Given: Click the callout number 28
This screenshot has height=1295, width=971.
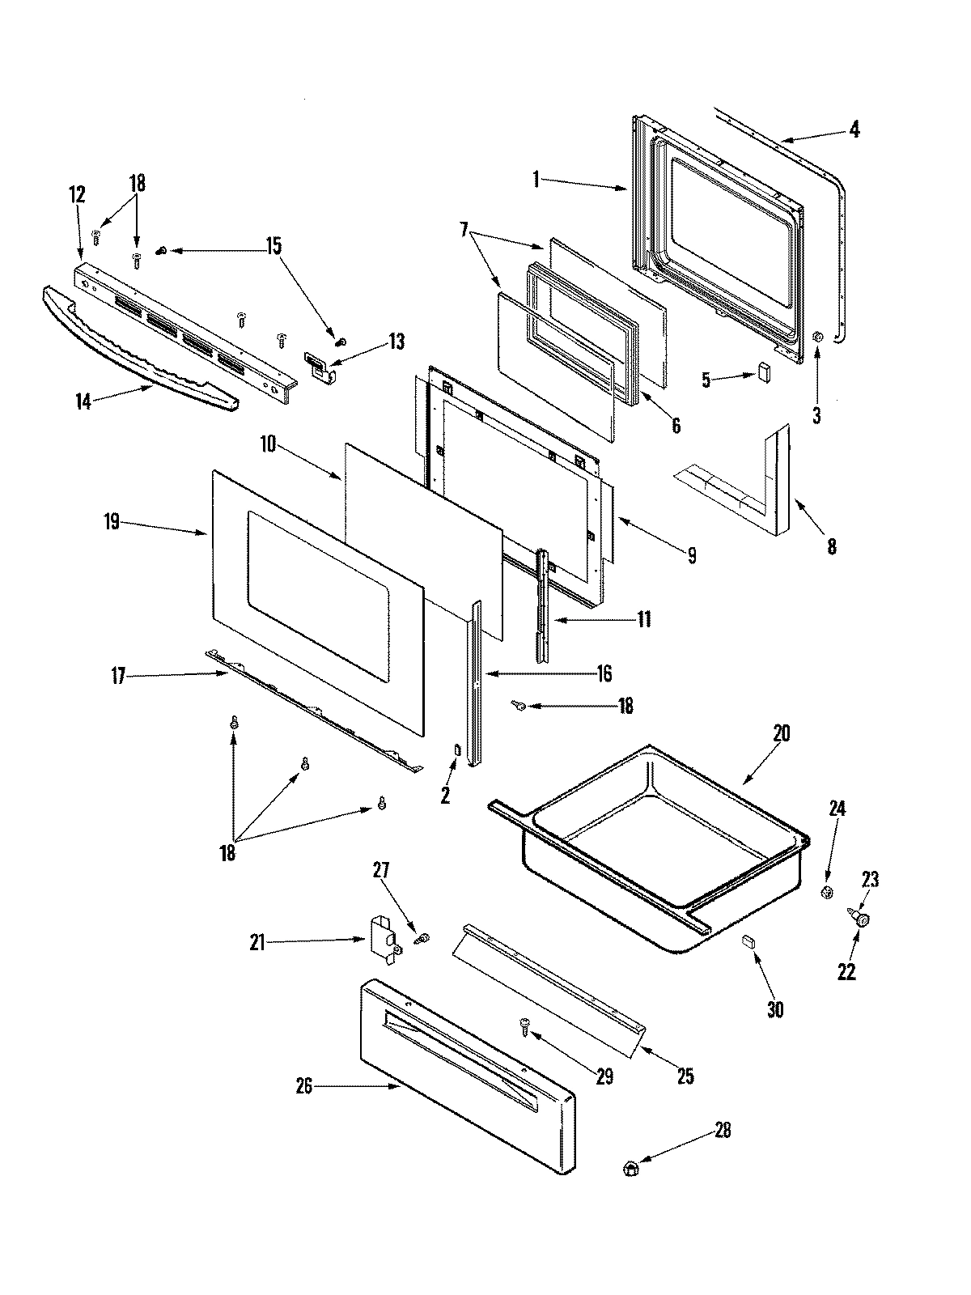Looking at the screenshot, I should point(722,1131).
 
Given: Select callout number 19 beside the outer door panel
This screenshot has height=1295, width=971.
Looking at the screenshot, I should point(112,521).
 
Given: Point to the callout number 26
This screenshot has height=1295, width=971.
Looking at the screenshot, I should point(304,1087).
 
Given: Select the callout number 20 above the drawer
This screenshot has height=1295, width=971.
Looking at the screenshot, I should point(781,733).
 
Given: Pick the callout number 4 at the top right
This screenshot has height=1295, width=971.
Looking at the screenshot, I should point(854,129).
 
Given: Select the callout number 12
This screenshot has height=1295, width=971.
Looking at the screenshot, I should point(76,194).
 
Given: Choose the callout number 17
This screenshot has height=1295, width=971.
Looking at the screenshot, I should point(119,676).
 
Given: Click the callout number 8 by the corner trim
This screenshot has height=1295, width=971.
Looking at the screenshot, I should point(832,546).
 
